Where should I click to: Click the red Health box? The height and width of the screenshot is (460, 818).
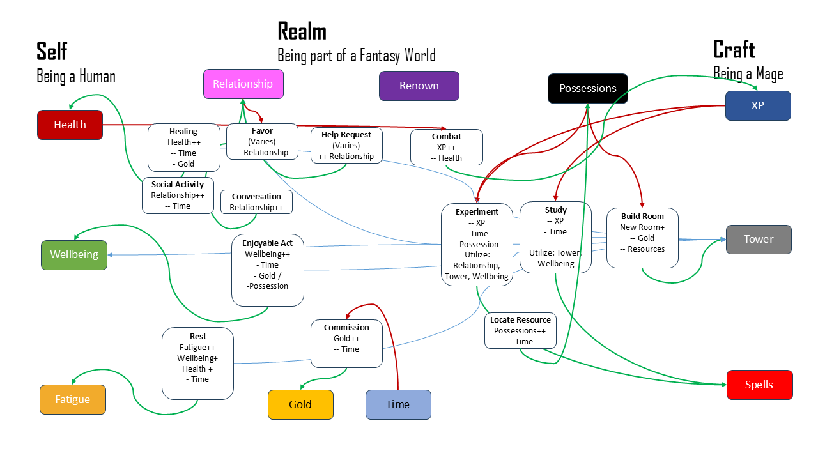click(70, 125)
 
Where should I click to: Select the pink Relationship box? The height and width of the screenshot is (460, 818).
click(243, 84)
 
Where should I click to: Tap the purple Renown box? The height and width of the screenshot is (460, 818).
click(419, 86)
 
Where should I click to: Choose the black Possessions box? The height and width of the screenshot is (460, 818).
click(587, 88)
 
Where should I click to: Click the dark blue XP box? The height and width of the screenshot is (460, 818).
click(757, 105)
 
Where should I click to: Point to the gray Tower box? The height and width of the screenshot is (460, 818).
click(758, 239)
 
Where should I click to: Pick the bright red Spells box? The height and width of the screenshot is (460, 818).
click(759, 385)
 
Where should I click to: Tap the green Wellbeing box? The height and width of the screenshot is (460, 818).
click(74, 254)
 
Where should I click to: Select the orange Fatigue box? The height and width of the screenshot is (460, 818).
click(72, 399)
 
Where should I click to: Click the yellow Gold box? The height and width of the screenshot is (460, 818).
click(300, 404)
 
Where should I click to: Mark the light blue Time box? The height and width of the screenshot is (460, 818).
click(397, 404)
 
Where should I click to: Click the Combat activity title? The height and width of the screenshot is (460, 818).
click(446, 136)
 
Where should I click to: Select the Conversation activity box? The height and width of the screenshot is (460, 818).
click(256, 202)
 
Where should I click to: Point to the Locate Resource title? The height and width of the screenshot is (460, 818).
click(520, 319)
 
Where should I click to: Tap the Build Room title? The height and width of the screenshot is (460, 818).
click(642, 216)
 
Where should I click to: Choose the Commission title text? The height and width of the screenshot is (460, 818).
click(346, 327)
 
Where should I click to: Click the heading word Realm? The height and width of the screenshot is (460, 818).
click(302, 31)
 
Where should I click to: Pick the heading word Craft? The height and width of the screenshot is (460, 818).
click(734, 49)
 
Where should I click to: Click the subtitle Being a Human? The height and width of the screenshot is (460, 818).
click(76, 77)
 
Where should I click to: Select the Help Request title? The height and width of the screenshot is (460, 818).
click(346, 134)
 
